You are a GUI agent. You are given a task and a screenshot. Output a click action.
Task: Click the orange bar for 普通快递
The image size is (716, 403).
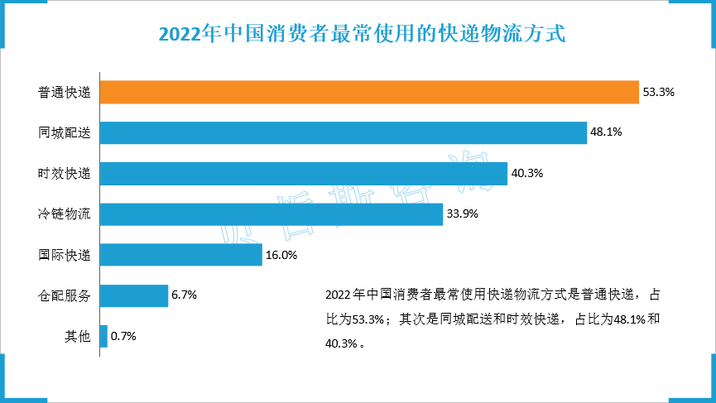(x=368, y=92)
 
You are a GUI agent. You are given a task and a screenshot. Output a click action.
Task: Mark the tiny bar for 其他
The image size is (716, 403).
(x=103, y=336)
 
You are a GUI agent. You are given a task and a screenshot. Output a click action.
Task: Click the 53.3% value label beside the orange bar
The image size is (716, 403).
(x=659, y=92)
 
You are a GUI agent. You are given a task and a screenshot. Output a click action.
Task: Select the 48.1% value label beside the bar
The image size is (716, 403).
(x=606, y=132)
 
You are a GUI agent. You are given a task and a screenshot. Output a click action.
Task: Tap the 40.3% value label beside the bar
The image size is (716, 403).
(x=527, y=174)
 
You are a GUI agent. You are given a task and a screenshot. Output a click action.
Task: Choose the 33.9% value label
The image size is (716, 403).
(x=463, y=214)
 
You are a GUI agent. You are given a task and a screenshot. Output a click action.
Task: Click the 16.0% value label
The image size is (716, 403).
(x=281, y=255)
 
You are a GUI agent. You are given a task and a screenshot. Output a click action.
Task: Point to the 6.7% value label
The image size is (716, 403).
(x=184, y=295)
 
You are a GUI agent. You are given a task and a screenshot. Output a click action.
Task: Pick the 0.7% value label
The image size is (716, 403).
(x=123, y=337)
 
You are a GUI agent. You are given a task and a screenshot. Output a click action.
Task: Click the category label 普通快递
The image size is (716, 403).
(x=64, y=92)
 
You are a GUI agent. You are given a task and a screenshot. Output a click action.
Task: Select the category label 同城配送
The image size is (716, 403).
(x=64, y=132)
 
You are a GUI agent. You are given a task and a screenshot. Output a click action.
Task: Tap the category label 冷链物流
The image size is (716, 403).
(x=64, y=214)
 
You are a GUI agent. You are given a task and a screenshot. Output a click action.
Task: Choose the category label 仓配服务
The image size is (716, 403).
(x=64, y=295)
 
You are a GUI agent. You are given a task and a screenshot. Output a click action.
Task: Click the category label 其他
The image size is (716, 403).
(x=77, y=337)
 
